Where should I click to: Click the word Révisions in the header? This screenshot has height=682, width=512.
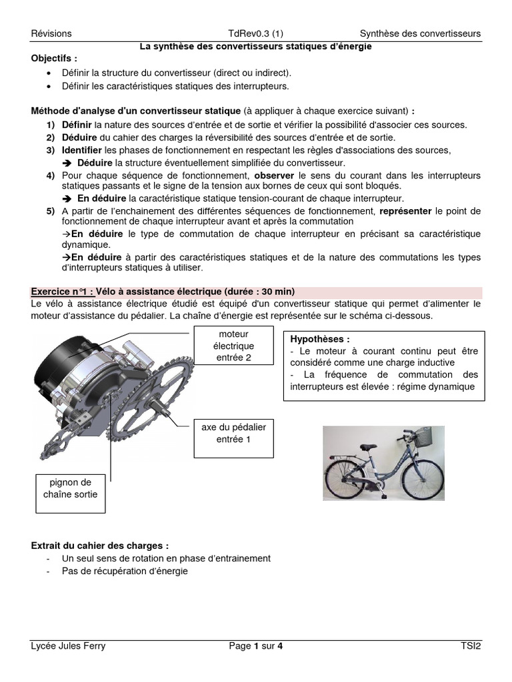point(51,34)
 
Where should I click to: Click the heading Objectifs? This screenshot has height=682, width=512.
point(54,59)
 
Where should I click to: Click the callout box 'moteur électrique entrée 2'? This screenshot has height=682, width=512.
point(233,346)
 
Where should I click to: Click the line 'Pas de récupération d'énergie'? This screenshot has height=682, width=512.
point(125,571)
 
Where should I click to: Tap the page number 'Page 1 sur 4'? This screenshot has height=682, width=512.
point(255,645)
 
